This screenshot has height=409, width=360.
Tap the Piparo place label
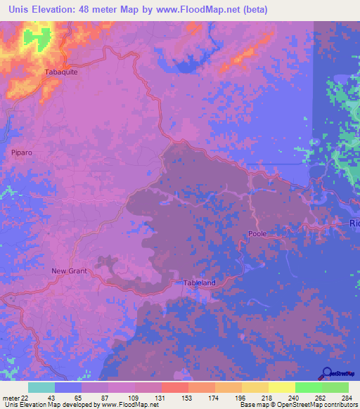22,152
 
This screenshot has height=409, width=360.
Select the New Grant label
68,271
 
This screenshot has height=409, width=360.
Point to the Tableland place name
200,283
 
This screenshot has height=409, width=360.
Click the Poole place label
257,234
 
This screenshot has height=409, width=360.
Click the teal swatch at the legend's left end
41,387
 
